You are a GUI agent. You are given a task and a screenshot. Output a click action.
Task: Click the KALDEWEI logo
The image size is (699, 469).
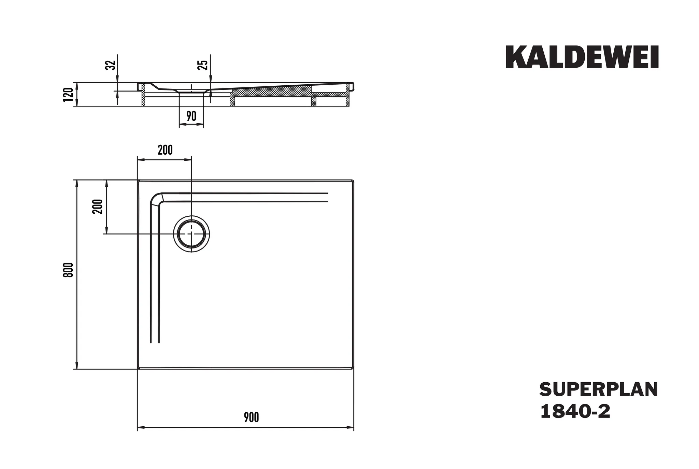click(582, 57)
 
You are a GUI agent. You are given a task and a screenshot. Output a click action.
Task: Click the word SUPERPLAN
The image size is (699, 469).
click(598, 389)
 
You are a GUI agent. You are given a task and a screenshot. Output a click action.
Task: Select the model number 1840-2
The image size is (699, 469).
click(575, 412)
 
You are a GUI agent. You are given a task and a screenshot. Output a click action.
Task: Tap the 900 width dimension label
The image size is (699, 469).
click(251, 417)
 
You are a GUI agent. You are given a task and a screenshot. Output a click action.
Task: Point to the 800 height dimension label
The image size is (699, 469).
click(68, 270)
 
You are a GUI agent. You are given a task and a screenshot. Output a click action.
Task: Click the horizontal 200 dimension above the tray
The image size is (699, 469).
click(165, 150)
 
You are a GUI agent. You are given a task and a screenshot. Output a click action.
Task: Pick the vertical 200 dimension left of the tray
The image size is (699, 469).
click(98, 206)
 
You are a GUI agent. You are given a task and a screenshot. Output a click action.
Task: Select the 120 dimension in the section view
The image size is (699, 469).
click(69, 95)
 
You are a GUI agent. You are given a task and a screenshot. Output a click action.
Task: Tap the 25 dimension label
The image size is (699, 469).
click(203, 65)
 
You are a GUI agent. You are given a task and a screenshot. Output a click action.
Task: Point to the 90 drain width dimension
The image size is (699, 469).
click(191, 116)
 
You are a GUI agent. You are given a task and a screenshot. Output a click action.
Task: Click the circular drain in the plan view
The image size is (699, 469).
click(191, 234)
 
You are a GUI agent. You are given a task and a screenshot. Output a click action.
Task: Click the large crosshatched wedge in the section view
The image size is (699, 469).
click(273, 91)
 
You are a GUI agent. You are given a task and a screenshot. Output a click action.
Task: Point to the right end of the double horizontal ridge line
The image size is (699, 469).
click(327, 197)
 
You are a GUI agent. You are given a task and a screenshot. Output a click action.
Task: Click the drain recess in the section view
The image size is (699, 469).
click(191, 91)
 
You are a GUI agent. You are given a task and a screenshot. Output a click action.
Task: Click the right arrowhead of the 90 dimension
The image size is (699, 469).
click(201, 125)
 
